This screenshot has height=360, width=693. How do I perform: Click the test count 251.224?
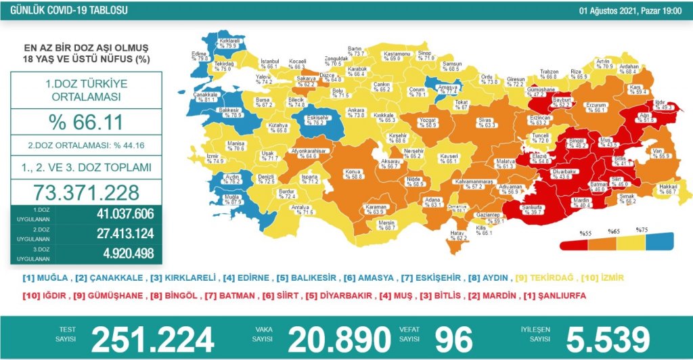[152, 337]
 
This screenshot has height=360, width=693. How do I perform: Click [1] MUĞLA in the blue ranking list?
[44, 277]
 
